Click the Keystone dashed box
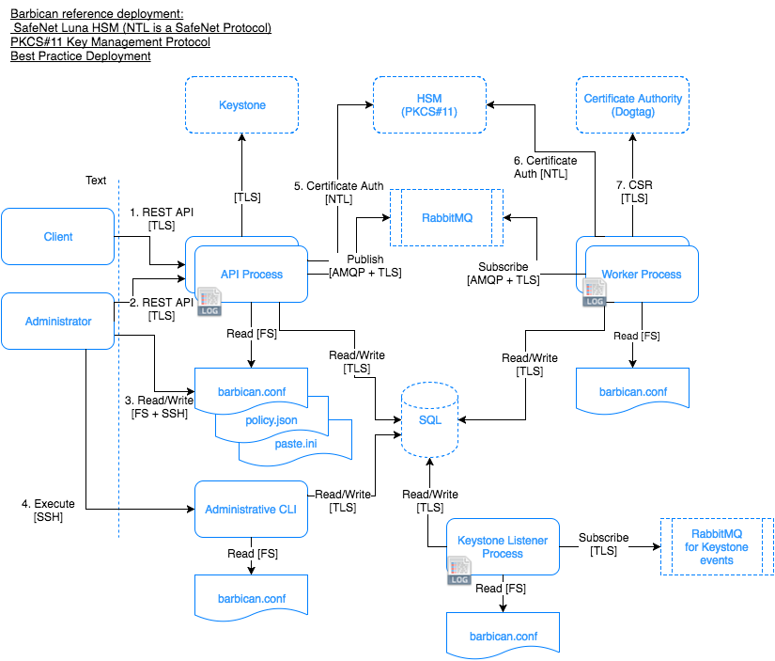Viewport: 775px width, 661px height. pos(241,105)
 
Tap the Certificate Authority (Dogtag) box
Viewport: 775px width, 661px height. pos(633,105)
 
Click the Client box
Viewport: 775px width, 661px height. pos(57,237)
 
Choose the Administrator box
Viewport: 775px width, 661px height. pos(57,322)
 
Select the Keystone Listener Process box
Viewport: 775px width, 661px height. pos(502,546)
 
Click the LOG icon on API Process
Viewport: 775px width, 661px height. pos(209,303)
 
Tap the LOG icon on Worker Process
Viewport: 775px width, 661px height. pos(595,293)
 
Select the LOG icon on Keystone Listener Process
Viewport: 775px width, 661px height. pos(458,572)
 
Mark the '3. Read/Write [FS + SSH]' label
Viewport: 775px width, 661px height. pos(158,405)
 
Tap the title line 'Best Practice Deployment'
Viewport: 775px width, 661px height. pos(81,56)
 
